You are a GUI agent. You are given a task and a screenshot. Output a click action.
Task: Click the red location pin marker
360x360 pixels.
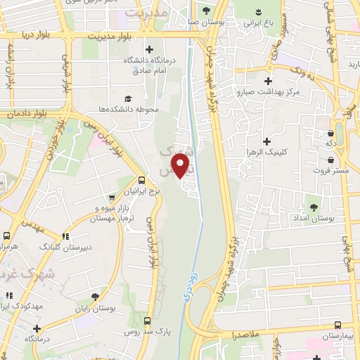coord(182,166)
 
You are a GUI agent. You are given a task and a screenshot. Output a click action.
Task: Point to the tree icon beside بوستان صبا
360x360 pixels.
coord(206,11)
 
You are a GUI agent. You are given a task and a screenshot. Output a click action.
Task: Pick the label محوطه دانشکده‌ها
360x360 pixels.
coord(128,110)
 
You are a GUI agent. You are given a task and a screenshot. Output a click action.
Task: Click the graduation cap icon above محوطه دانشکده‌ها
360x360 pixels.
coord(128,98)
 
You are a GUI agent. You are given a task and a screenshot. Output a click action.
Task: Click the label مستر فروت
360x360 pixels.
coord(331,171)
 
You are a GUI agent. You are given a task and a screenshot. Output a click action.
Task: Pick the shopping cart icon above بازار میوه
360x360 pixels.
coord(112,198)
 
